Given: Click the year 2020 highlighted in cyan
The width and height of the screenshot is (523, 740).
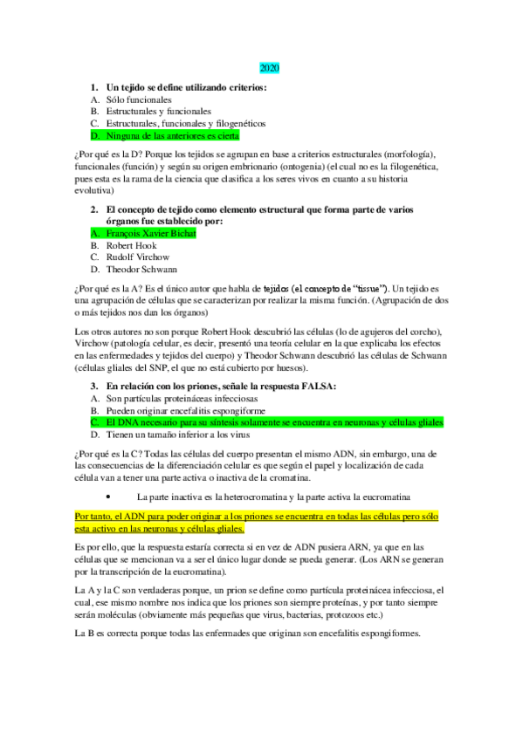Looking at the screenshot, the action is pyautogui.click(x=269, y=67).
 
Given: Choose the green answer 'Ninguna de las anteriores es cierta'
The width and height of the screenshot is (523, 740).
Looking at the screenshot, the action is pyautogui.click(x=172, y=136).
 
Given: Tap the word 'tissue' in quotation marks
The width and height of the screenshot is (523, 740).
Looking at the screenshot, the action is pyautogui.click(x=361, y=289).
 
